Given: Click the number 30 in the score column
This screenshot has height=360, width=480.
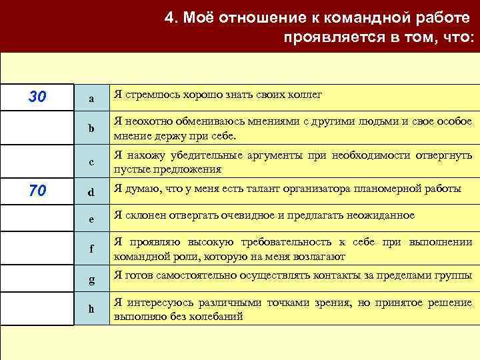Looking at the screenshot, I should (x=37, y=97).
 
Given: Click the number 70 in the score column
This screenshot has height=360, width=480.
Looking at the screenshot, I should (x=37, y=191).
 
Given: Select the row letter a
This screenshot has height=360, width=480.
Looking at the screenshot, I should (x=91, y=99).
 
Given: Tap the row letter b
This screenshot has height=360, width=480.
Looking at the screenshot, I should (x=91, y=129).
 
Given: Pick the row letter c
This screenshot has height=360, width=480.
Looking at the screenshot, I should (x=91, y=162).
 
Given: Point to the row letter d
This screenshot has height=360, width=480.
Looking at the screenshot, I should (x=91, y=193).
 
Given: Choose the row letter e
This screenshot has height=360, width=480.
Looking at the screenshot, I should (x=91, y=218).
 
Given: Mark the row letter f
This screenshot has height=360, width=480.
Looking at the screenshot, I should (x=91, y=249).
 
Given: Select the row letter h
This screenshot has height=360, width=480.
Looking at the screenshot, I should (x=91, y=309).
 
